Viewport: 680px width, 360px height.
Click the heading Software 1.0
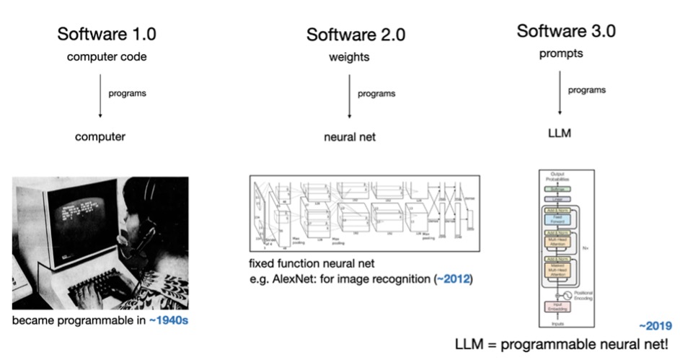(106, 33)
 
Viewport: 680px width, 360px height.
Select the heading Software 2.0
(356, 34)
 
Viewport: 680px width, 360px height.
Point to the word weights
(349, 58)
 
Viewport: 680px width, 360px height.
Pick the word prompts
(560, 54)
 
